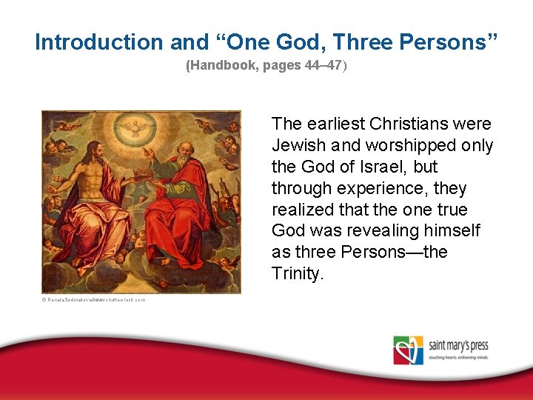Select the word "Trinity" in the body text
(x=298, y=273)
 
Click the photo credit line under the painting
(x=93, y=299)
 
